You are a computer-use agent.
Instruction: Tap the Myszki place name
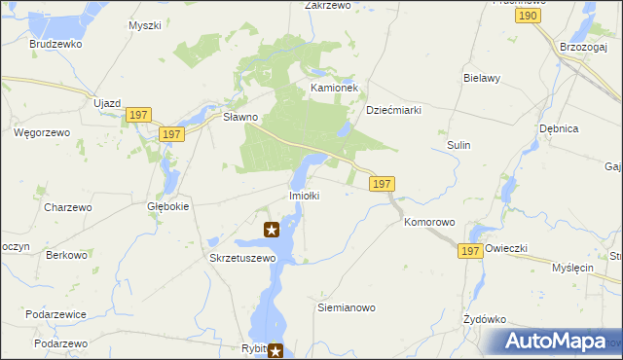click(x=144, y=25)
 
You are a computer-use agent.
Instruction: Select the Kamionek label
click(x=335, y=88)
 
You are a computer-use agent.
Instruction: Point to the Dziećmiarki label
click(x=393, y=111)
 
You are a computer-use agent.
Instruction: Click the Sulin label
click(x=459, y=145)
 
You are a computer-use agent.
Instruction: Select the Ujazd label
click(x=106, y=103)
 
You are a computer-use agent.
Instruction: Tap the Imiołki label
click(x=304, y=196)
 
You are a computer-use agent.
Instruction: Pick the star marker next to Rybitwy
click(x=276, y=351)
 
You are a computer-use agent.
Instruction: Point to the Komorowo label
click(x=429, y=223)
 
